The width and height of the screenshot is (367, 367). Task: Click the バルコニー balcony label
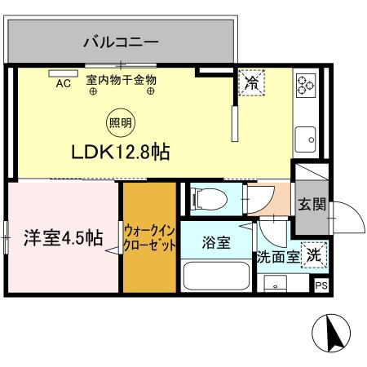(120, 40)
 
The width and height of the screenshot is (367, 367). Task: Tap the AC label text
(63, 82)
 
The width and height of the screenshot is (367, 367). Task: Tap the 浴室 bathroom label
(216, 242)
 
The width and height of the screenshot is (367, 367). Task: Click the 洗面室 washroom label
(276, 257)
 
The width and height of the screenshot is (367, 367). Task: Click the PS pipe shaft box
(321, 285)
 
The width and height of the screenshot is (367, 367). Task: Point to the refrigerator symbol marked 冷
(251, 82)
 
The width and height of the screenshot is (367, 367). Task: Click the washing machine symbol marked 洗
(313, 254)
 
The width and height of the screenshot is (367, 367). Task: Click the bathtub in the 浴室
(217, 276)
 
